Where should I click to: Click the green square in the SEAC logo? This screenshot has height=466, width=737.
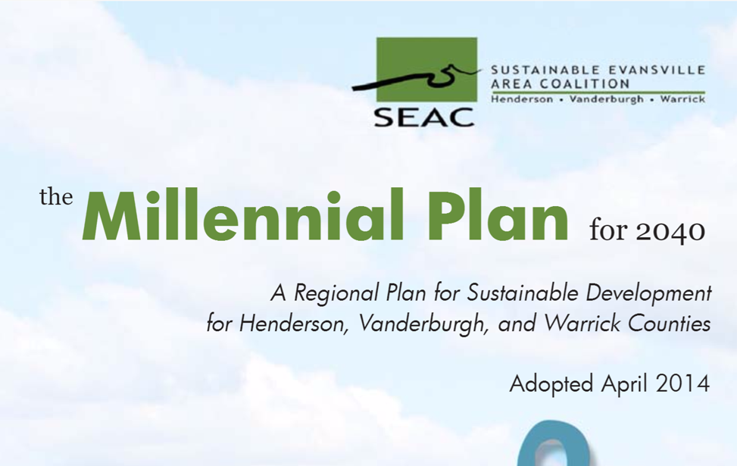pos(426,70)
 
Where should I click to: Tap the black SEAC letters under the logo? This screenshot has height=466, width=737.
pos(424,117)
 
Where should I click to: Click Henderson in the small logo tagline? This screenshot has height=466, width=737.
pos(522,99)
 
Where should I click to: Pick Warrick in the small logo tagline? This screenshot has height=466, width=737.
pos(682,99)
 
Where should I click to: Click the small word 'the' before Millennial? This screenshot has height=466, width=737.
pos(56,196)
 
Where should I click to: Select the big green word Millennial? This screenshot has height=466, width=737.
pos(242,215)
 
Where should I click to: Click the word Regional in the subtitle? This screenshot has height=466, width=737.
pos(336,294)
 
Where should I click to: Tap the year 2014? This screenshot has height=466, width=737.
pos(683,383)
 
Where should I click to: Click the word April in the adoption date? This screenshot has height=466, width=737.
pos(625,385)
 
